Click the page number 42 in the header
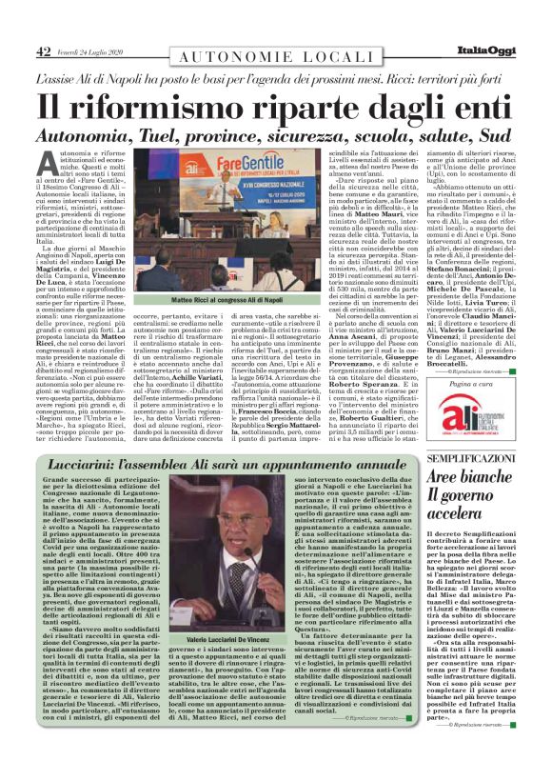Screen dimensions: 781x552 43,51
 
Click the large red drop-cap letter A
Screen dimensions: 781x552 47,163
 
